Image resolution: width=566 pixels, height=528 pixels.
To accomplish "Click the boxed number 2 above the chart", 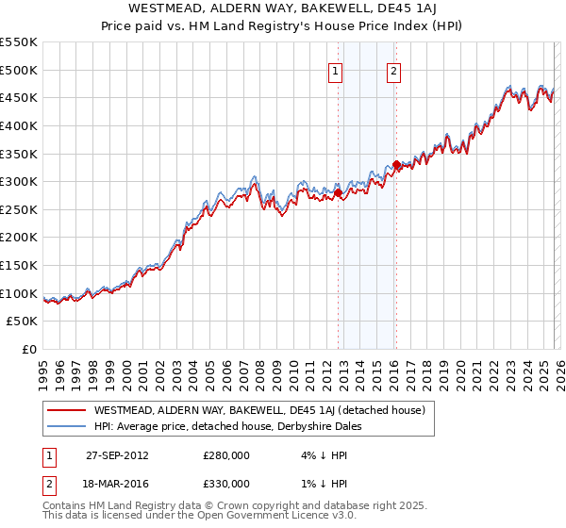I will pyautogui.click(x=394, y=70).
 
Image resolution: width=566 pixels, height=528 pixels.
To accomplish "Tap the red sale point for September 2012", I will pyautogui.click(x=338, y=193).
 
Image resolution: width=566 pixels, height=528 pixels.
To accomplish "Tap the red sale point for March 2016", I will pyautogui.click(x=396, y=165).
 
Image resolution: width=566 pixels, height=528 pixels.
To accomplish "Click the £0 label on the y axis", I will pyautogui.click(x=28, y=350).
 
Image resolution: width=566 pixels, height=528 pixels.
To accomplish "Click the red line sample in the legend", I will pyautogui.click(x=66, y=410).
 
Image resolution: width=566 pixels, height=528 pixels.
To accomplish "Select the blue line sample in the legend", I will pyautogui.click(x=66, y=426).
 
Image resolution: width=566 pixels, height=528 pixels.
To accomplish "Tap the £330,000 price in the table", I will pyautogui.click(x=226, y=483).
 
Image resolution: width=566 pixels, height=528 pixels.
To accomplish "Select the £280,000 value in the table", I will pyautogui.click(x=226, y=455).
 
